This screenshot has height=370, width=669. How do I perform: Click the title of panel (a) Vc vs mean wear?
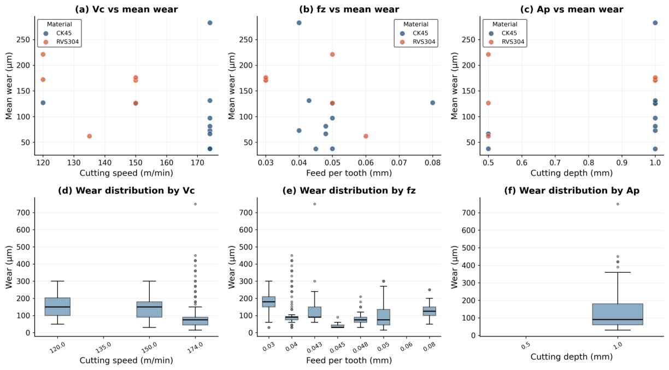(126, 9)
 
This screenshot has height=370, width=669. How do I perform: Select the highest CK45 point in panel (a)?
(210, 23)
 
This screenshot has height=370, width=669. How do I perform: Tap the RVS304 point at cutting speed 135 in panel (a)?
(89, 136)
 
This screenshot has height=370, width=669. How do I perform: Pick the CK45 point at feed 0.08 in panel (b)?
(432, 103)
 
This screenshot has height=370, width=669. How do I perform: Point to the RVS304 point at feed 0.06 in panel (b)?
(366, 136)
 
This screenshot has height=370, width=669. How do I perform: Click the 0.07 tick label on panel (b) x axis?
(399, 163)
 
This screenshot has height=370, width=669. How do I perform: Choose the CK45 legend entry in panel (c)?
(504, 33)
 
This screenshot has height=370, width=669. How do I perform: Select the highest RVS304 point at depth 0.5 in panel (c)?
(488, 54)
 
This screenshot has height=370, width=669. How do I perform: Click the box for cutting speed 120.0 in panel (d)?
(57, 307)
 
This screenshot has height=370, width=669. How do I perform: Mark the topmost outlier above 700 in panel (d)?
(195, 204)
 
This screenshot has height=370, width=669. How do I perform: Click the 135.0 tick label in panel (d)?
(103, 348)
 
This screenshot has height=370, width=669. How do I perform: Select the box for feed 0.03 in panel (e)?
(269, 302)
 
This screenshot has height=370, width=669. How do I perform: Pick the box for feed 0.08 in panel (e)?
(430, 311)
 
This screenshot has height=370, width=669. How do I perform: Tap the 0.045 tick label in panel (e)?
(337, 348)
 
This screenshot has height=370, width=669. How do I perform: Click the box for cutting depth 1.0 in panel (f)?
(618, 314)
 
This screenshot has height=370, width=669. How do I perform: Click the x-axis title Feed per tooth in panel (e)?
(349, 361)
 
